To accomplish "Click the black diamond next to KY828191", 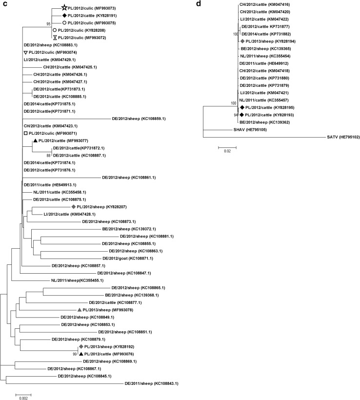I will pos(64,16).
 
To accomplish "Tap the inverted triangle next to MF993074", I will pos(25,52).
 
